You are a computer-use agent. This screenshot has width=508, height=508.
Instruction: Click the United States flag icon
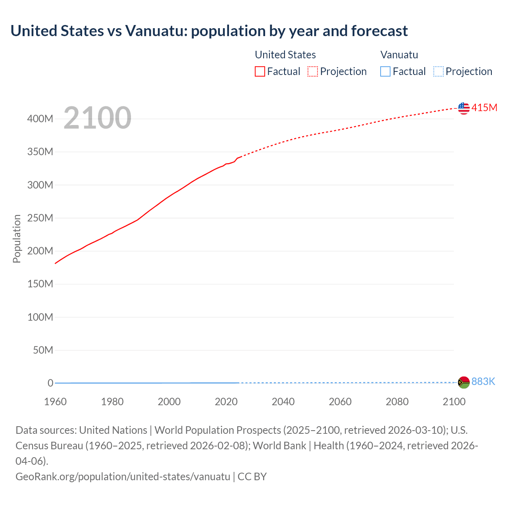click(x=464, y=108)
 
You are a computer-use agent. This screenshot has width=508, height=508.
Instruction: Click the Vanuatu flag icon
click(x=464, y=382)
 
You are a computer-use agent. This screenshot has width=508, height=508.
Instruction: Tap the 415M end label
click(x=484, y=108)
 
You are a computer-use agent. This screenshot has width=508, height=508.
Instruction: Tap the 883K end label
click(x=483, y=382)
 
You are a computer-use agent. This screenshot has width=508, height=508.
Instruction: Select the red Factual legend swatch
click(x=260, y=71)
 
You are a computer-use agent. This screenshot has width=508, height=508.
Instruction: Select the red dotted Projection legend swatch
click(x=313, y=71)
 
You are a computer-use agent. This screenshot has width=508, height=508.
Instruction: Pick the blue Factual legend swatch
click(x=385, y=71)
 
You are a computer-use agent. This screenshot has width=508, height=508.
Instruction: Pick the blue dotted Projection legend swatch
click(x=438, y=71)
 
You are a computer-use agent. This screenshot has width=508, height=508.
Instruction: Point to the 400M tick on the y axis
click(x=40, y=119)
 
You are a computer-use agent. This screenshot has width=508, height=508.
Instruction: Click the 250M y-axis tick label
click(x=40, y=218)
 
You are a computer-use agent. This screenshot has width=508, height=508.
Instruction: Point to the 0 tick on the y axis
click(x=50, y=383)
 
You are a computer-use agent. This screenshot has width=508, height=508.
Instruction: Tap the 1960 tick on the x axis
click(x=55, y=402)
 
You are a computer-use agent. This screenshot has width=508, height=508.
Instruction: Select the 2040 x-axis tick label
click(x=283, y=402)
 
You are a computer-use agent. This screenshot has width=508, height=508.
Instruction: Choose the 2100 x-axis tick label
click(x=454, y=402)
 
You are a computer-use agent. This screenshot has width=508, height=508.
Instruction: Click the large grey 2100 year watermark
click(x=97, y=118)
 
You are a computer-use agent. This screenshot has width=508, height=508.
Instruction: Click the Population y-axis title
click(x=17, y=239)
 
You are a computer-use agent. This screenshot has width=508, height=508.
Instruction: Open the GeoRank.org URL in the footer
click(x=123, y=476)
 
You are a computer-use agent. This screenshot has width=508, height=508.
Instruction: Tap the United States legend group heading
click(x=285, y=55)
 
